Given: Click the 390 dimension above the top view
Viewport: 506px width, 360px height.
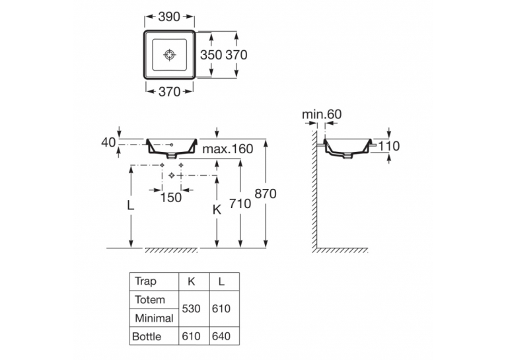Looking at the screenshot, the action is pyautogui.click(x=169, y=17).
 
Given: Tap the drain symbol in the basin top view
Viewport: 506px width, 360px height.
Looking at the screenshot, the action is pyautogui.click(x=169, y=55).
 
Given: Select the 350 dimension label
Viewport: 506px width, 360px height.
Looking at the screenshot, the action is pyautogui.click(x=211, y=55).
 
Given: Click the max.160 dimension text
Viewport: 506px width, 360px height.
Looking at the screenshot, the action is pyautogui.click(x=228, y=149).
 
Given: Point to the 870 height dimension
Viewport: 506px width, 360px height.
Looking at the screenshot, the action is pyautogui.click(x=266, y=194).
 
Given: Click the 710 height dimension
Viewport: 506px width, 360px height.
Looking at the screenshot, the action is pyautogui.click(x=240, y=203).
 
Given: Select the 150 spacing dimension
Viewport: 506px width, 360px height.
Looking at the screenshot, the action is pyautogui.click(x=171, y=198).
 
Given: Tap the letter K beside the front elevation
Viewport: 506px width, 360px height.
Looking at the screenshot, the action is pyautogui.click(x=217, y=209).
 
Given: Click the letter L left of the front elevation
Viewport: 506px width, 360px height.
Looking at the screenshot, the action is pyautogui.click(x=130, y=205).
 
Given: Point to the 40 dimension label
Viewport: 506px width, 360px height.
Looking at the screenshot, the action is pyautogui.click(x=108, y=142).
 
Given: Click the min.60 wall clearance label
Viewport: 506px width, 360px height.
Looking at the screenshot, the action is pyautogui.click(x=322, y=114).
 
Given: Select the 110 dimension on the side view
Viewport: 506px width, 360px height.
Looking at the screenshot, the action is pyautogui.click(x=389, y=146).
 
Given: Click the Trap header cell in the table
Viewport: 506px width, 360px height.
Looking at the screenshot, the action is pyautogui.click(x=145, y=281).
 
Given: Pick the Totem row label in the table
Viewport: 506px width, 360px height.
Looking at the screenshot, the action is pyautogui.click(x=150, y=300).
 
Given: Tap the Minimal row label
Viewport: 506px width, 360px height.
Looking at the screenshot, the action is pyautogui.click(x=155, y=318).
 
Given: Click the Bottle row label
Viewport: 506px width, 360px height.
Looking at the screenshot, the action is pyautogui.click(x=147, y=336).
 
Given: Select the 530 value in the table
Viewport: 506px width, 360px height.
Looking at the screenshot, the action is pyautogui.click(x=192, y=308).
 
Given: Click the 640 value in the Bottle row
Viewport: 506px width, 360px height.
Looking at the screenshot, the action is pyautogui.click(x=221, y=336).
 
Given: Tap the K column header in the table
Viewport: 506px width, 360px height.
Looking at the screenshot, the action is pyautogui.click(x=192, y=281).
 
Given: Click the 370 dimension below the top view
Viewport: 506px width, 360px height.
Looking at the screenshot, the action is pyautogui.click(x=169, y=92).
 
